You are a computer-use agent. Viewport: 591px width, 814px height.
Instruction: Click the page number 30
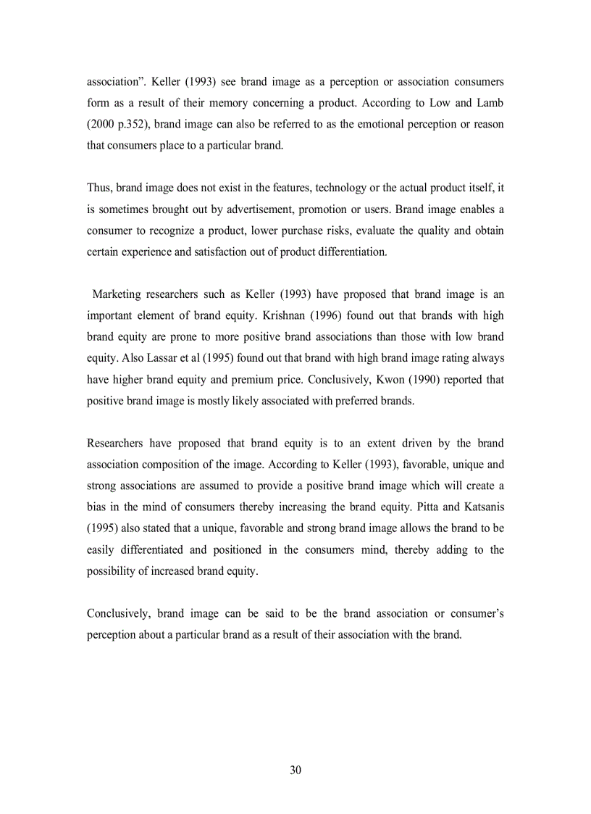click(295, 770)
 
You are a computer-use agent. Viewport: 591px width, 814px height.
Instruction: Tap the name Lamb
click(489, 103)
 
